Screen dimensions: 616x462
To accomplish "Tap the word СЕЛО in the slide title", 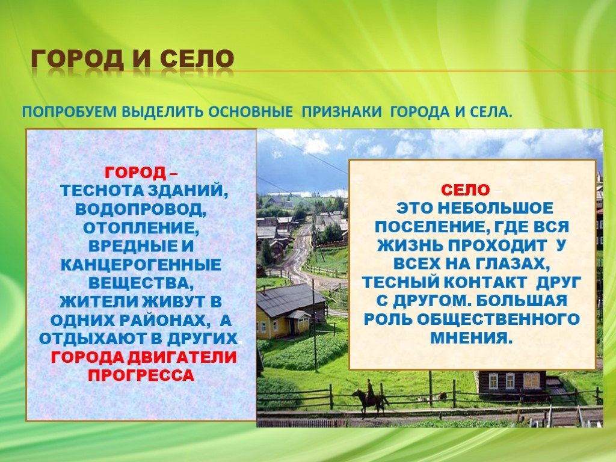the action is (197, 59).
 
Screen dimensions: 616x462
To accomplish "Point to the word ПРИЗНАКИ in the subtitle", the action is (342, 111).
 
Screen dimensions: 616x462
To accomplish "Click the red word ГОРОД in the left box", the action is (135, 172).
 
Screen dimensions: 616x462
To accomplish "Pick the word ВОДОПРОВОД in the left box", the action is (141, 209).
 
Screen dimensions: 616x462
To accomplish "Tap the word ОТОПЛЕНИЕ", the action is (141, 227).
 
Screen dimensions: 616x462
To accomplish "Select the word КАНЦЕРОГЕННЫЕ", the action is (141, 265).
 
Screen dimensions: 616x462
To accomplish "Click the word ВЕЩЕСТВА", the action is (141, 283).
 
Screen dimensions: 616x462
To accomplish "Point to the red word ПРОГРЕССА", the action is (141, 375).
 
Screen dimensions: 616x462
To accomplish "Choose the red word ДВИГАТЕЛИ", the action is (182, 357).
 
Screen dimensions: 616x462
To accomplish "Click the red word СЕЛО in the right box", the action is (466, 190).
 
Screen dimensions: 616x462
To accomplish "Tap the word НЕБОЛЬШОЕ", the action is (495, 208).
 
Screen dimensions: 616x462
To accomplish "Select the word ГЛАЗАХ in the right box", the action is (513, 263).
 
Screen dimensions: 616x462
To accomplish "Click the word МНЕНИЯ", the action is (472, 337).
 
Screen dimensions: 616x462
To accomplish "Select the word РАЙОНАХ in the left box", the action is (162, 321).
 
